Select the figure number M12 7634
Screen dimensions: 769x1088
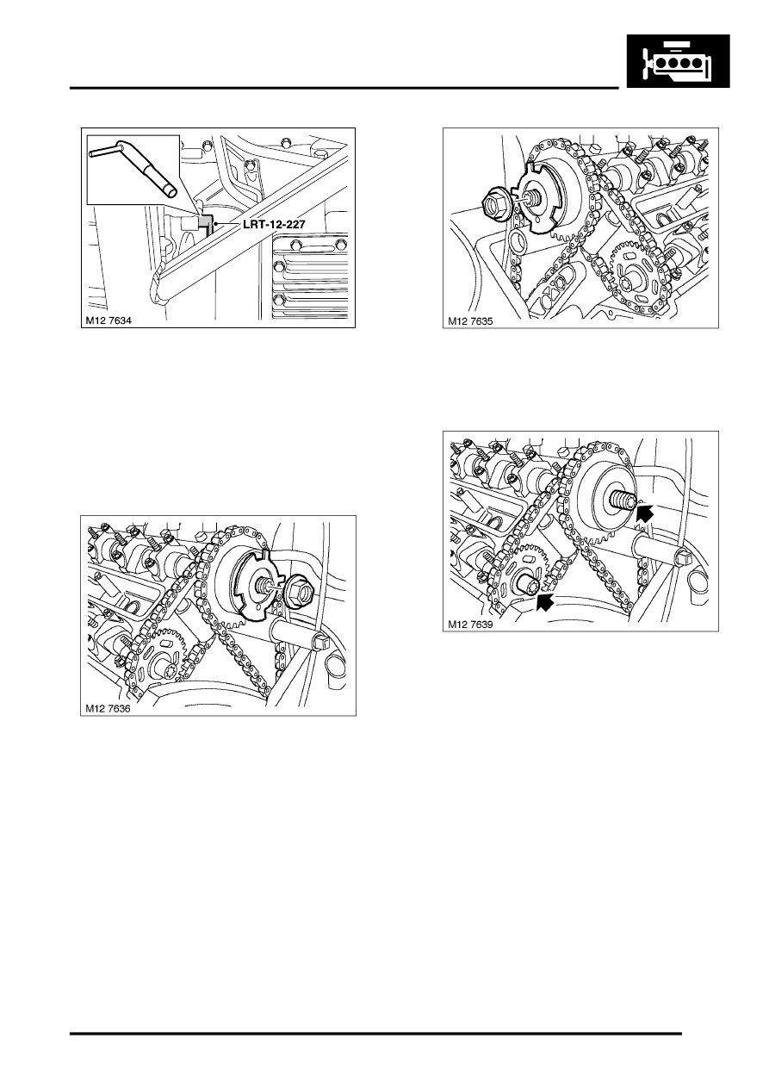(109, 320)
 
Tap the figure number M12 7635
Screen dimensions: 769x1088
(470, 321)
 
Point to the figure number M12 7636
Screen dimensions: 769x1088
(108, 709)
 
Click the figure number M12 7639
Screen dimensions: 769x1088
(470, 625)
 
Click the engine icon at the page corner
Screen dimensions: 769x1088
(678, 61)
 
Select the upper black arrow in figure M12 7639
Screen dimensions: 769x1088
(645, 513)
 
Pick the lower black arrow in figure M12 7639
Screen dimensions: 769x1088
(545, 600)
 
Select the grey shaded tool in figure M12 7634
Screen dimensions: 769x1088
(206, 224)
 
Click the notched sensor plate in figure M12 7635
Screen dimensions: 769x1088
(540, 199)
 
